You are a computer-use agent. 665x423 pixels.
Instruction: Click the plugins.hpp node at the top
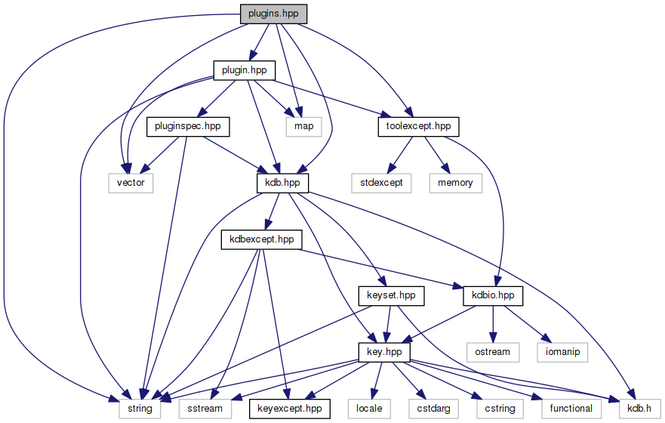click(274, 14)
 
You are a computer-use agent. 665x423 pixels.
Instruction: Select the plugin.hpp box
click(243, 70)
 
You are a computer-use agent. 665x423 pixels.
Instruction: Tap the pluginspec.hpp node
click(188, 126)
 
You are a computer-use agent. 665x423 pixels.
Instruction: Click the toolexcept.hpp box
click(418, 126)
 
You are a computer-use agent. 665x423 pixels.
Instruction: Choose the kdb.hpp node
click(282, 183)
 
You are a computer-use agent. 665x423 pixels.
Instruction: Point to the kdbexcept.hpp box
click(261, 239)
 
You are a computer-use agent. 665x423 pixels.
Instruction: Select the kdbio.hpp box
click(493, 296)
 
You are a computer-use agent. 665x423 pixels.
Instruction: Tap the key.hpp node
click(384, 352)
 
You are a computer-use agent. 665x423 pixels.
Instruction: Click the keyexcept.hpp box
click(290, 409)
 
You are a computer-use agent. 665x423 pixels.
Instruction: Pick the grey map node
click(303, 126)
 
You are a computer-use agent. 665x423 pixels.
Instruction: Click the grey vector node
click(130, 183)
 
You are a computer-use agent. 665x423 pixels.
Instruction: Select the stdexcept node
click(382, 183)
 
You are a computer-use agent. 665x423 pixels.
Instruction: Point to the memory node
click(455, 183)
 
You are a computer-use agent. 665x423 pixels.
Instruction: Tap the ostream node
click(493, 352)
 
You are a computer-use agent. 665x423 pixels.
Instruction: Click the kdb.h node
click(636, 409)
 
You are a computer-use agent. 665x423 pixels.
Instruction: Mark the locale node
click(369, 409)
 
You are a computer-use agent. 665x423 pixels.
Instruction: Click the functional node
click(571, 409)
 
